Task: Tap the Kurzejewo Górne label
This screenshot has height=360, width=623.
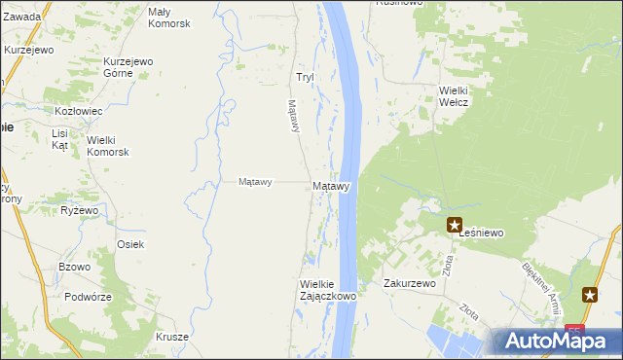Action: point(129,67)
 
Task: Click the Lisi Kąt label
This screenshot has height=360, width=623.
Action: point(60,138)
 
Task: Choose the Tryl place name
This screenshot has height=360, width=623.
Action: point(305,77)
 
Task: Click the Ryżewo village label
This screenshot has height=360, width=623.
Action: point(80,210)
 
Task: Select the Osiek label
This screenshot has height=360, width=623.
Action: point(130,244)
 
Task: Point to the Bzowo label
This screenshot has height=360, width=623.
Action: point(74,267)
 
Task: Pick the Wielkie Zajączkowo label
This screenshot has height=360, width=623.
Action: point(327,289)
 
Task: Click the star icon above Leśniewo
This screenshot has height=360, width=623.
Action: point(455,226)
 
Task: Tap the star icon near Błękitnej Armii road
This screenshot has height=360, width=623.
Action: point(590,295)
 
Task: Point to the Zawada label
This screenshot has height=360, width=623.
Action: point(23,17)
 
